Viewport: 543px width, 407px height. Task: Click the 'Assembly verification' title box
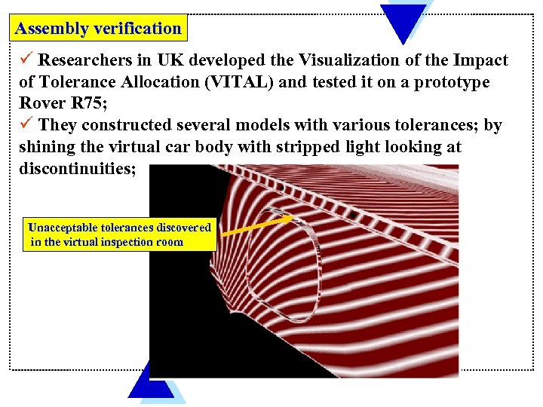(x=99, y=29)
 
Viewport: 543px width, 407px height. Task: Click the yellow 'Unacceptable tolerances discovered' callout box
(x=120, y=234)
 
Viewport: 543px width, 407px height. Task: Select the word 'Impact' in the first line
(x=481, y=60)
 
